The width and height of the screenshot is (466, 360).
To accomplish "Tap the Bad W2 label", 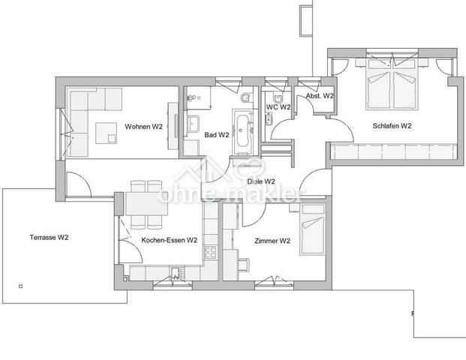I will [216, 135].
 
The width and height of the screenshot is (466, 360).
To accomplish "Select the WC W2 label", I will [278, 106].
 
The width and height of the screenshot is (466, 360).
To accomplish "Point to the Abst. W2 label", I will [319, 97].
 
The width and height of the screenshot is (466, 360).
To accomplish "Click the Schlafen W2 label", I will [391, 126].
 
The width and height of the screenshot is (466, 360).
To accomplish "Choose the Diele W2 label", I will [260, 181].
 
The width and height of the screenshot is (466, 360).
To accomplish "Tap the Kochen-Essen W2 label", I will [169, 241].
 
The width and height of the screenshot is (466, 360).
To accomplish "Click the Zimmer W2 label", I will [273, 241].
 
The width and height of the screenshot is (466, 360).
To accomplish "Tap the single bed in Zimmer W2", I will [312, 235].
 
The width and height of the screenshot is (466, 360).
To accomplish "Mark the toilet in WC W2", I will [277, 97].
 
